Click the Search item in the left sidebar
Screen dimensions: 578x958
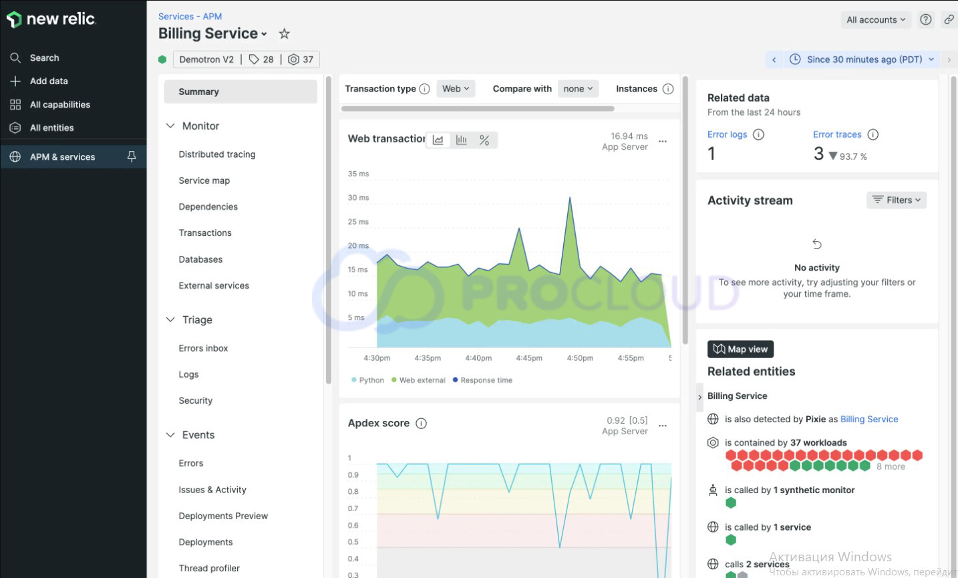44,58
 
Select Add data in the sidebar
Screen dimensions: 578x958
48,82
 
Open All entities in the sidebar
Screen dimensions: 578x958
51,128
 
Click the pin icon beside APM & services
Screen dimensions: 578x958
132,156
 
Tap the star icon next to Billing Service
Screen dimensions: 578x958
284,33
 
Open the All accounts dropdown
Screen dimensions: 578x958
875,20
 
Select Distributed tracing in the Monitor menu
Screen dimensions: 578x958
216,154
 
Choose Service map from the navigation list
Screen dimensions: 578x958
204,180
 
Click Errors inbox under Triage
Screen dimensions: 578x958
203,348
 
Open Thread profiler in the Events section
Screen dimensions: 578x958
208,568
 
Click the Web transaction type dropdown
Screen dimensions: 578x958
456,89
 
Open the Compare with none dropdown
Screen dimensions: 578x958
578,89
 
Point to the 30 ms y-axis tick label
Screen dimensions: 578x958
358,198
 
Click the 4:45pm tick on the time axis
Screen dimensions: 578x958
528,358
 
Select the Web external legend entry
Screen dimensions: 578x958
422,380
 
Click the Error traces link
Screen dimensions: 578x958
836,134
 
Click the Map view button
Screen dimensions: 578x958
740,349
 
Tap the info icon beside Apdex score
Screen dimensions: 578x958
421,423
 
